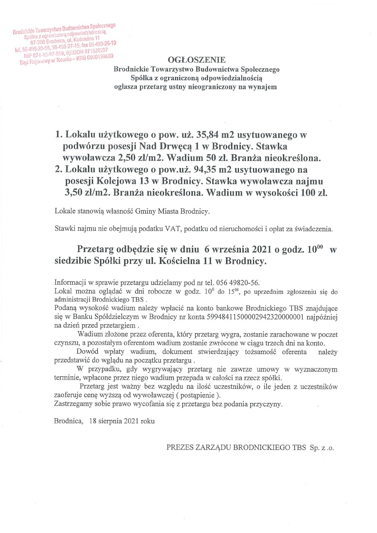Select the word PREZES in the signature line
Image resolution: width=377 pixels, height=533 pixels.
(x=179, y=448)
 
